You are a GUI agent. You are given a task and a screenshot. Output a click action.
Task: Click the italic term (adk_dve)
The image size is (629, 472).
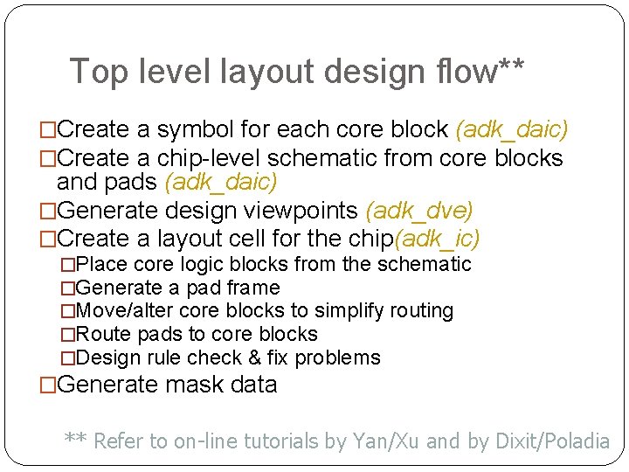(x=419, y=211)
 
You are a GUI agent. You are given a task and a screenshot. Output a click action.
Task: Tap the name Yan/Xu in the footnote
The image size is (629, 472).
(x=383, y=441)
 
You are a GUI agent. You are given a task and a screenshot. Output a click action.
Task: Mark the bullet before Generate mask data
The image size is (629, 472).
(x=48, y=385)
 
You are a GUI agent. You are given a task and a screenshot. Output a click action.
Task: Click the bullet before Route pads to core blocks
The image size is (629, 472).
(x=69, y=335)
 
